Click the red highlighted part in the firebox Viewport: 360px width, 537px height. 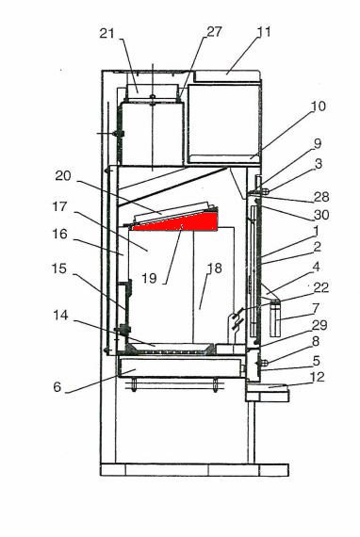coord(185,223)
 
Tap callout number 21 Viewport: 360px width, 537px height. coord(106,34)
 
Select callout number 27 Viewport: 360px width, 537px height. coord(215,31)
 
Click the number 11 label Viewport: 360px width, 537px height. coord(264,32)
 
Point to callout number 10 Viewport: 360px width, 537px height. coord(319,106)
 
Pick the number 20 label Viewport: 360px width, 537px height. coord(63,175)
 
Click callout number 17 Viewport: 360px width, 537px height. coord(59,206)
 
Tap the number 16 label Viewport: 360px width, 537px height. coord(59,234)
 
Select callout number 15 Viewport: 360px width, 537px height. coord(59,268)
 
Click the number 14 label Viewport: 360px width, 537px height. coord(60,315)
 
